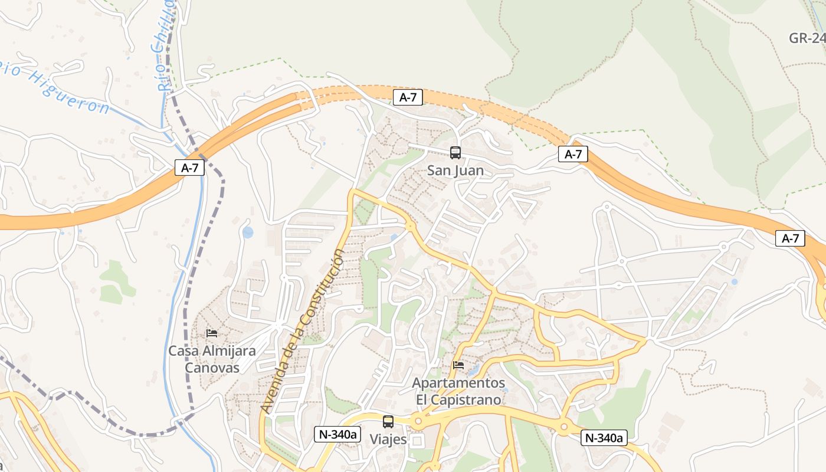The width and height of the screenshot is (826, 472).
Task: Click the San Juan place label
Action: [455, 171]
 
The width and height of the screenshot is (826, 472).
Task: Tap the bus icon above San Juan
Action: [455, 153]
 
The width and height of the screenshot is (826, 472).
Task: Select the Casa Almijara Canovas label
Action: [212, 359]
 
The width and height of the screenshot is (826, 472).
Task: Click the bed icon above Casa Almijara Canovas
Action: [212, 333]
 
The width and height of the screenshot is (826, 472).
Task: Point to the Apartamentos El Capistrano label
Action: [458, 391]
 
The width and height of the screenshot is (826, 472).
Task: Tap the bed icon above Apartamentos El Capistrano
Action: [458, 365]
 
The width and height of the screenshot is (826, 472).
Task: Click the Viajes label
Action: [388, 439]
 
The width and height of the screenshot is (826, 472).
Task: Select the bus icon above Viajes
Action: [388, 422]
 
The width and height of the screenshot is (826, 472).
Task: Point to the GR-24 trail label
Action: [807, 38]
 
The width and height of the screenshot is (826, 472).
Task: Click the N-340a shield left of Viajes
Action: [337, 434]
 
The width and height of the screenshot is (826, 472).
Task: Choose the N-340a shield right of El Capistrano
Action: [604, 437]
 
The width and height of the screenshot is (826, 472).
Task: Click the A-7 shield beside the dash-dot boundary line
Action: [189, 168]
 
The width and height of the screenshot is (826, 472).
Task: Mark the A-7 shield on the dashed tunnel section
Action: [408, 97]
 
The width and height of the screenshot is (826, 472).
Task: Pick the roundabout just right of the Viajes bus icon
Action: [418, 421]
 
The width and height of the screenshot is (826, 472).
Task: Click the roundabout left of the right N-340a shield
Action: [564, 426]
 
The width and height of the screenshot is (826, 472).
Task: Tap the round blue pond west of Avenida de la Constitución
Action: [248, 232]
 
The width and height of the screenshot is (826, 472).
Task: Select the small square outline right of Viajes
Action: [418, 441]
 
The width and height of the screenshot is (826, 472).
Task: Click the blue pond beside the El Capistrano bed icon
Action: [473, 370]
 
